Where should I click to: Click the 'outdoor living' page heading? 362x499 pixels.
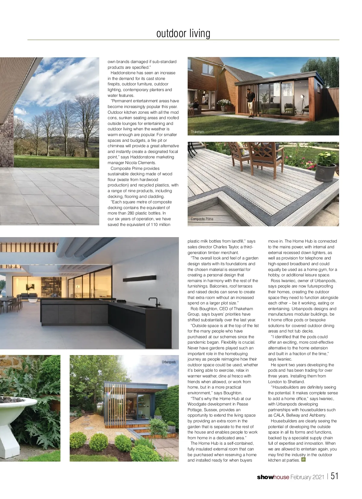point(183,33)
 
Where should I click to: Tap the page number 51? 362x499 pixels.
point(335,476)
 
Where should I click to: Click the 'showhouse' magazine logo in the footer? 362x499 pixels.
point(273,477)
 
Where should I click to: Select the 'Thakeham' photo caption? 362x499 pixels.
point(197,132)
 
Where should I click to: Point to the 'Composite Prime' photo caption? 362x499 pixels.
point(202,219)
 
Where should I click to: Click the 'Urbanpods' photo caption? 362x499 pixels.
point(169,362)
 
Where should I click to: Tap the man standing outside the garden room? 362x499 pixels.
point(251,103)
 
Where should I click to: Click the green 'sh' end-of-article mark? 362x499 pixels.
point(303,460)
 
